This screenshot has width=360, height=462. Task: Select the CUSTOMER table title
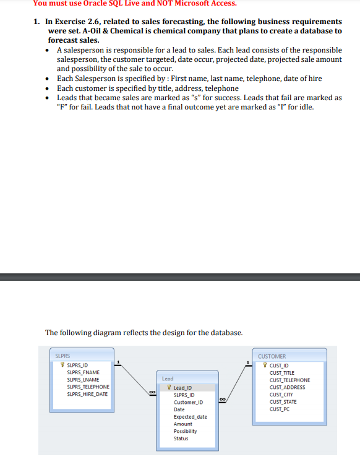[272, 356]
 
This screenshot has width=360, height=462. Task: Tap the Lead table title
[168, 378]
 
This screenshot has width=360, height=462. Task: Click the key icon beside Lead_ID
[169, 387]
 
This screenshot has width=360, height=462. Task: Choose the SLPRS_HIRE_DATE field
[87, 394]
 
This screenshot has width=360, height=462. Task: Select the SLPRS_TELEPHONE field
[88, 387]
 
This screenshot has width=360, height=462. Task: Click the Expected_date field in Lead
[190, 417]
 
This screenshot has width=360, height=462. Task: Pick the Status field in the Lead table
[181, 438]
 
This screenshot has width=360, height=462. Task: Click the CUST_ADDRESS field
[287, 387]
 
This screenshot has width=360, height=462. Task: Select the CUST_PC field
[280, 409]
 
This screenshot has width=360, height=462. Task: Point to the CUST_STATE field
[283, 401]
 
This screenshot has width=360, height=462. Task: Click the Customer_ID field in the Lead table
[188, 402]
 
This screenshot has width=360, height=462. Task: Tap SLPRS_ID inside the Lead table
[184, 395]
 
